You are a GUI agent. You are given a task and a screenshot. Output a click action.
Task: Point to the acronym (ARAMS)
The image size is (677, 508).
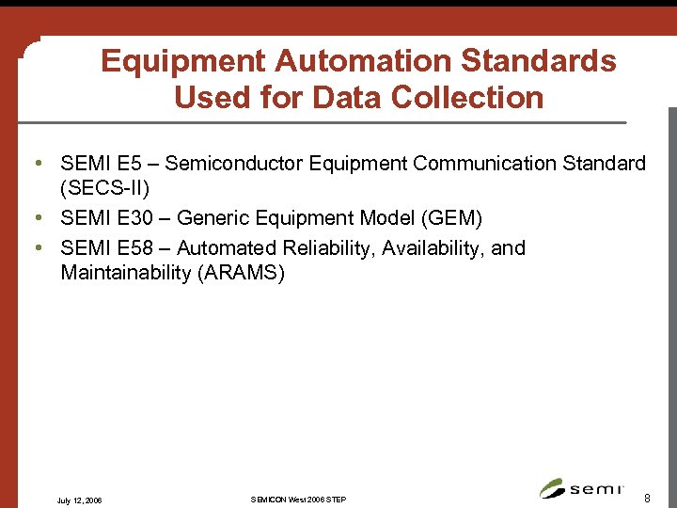241,273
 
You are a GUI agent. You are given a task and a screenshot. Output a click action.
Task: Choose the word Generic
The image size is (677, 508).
212,219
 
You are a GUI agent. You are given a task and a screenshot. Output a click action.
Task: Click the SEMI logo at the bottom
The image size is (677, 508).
582,488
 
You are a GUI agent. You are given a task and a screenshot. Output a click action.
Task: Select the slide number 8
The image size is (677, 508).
647,495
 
